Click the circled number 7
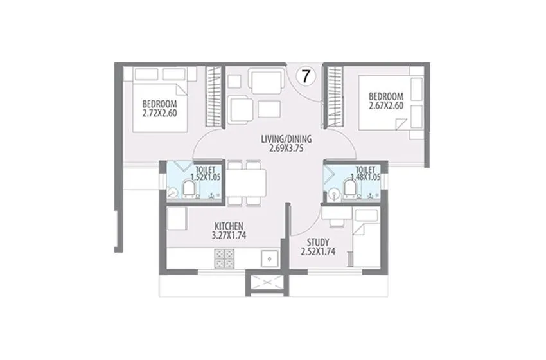click(306, 76)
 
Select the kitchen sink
click(268, 259)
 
